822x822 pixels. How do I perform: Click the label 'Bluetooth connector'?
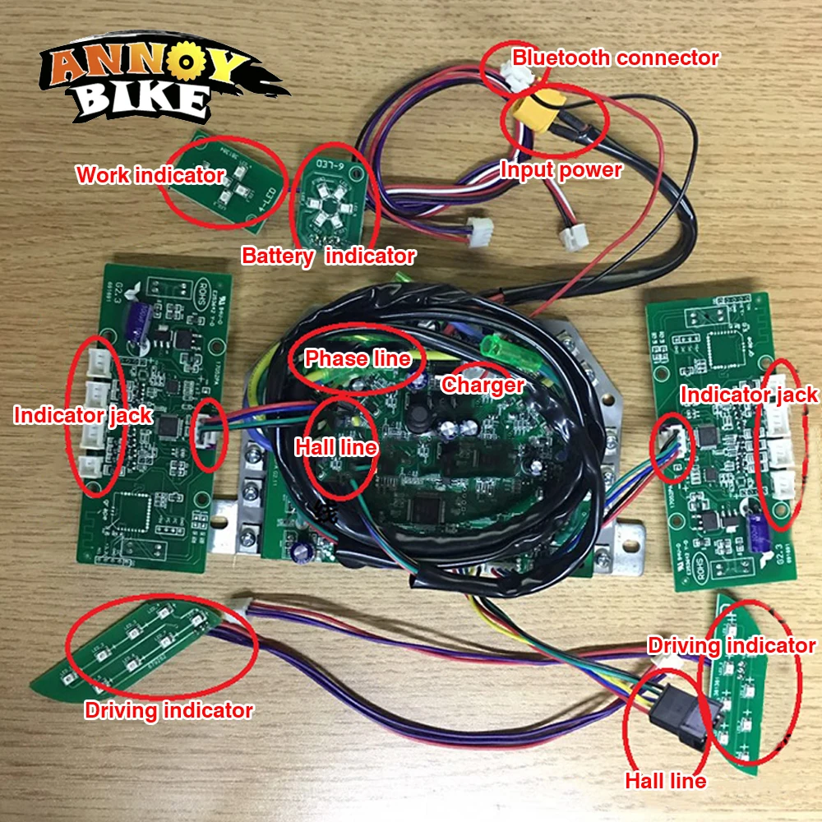(x=615, y=58)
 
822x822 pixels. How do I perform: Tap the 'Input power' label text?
(x=561, y=170)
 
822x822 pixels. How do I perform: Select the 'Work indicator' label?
(x=150, y=175)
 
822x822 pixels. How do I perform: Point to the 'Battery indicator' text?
(x=328, y=256)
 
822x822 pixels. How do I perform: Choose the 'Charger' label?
(x=483, y=385)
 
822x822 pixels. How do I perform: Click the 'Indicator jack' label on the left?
(x=83, y=415)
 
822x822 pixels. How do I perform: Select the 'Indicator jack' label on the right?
(x=750, y=395)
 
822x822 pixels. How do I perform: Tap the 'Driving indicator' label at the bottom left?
(x=169, y=710)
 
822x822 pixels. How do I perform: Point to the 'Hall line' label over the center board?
(x=336, y=448)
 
